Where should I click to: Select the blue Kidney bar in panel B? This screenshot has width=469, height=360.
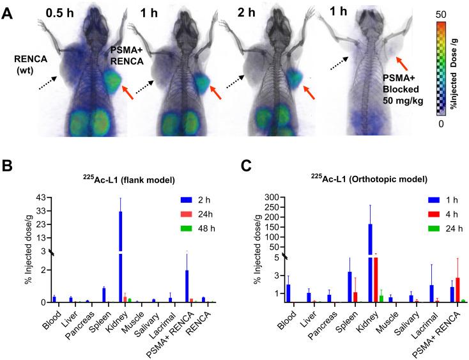pyautogui.click(x=121, y=256)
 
